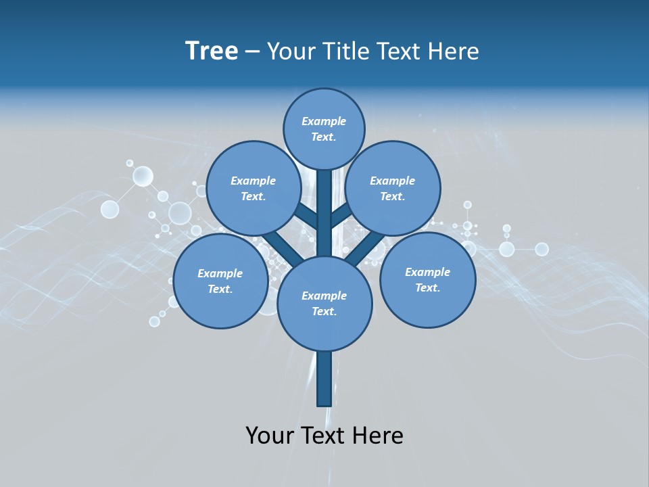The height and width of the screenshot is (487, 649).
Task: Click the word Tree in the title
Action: click(x=212, y=51)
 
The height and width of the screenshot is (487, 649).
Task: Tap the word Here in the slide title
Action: click(x=454, y=51)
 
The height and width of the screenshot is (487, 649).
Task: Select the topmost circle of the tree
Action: click(x=324, y=129)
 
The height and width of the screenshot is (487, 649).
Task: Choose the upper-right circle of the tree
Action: click(x=392, y=188)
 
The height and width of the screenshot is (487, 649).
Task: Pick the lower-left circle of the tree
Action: click(x=220, y=281)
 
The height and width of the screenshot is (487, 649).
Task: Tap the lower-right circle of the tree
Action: click(x=427, y=279)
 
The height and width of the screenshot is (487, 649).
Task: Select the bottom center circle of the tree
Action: click(x=324, y=303)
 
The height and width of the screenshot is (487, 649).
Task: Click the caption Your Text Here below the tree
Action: click(x=324, y=436)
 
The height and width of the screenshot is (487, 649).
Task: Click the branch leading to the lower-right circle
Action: click(x=366, y=248)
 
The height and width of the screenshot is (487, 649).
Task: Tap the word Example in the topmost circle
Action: click(x=324, y=122)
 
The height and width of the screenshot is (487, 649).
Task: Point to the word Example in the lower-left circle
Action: click(x=220, y=274)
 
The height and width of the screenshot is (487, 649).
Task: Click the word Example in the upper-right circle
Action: click(x=392, y=181)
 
